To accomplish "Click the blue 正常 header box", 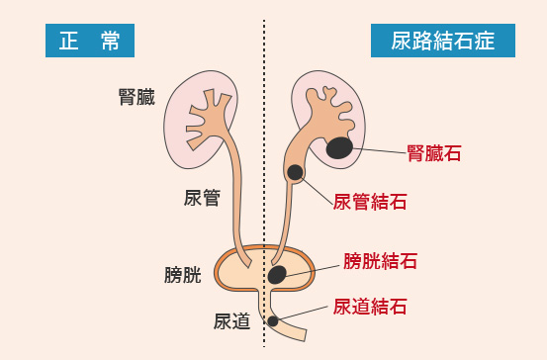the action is point(89,41).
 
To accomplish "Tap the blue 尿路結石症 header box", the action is point(443,41).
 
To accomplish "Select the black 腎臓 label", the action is point(137,98).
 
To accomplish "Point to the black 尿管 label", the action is point(202,197).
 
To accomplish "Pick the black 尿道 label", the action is point(231,320).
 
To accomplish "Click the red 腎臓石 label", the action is point(434,153).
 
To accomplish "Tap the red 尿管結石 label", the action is point(370,202).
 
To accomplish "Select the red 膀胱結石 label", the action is point(380,261).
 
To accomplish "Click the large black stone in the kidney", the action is point(341,147).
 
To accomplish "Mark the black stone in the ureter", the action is point(295,173).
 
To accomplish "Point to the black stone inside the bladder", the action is point(278,274).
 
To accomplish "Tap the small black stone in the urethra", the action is point(273,321).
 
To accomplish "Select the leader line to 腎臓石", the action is point(381,150).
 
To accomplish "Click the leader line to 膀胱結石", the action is point(313,267).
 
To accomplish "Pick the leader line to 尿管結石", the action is point(316,189).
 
